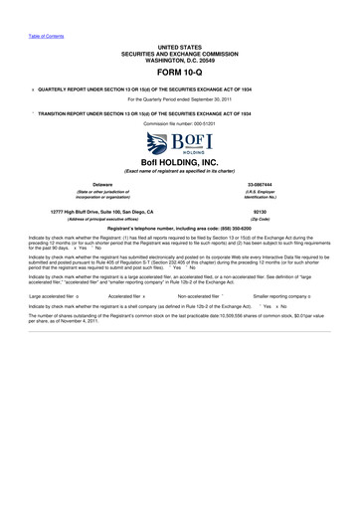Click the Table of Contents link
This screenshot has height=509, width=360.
[x=46, y=36]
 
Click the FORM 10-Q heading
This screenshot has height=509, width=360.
[x=180, y=74]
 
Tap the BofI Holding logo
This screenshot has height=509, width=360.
[x=180, y=142]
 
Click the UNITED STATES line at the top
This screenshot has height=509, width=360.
[x=180, y=47]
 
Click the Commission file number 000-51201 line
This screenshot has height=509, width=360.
[x=180, y=121]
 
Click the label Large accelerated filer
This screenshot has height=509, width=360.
[x=52, y=296]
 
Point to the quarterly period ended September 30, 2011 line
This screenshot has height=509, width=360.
[x=180, y=99]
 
